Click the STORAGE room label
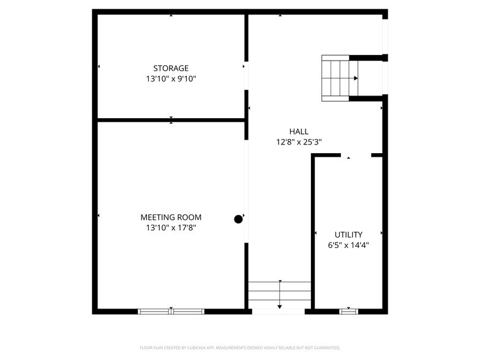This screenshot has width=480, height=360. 171,68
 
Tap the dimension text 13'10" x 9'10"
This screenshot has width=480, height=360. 171,78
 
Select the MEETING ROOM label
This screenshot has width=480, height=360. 171,217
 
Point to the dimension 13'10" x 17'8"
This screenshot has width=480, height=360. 171,228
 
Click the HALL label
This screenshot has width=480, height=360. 299,132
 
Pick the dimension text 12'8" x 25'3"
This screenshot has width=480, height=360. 299,142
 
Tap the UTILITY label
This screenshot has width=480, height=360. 348,235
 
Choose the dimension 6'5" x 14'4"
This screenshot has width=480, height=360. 348,245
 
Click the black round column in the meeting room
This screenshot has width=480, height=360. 238,219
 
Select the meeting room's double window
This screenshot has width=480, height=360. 171,312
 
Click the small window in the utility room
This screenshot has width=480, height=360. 348,312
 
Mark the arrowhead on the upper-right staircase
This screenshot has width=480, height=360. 356,78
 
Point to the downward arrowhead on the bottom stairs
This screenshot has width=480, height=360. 279,307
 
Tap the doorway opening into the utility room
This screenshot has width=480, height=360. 356,156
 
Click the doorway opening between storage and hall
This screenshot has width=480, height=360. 246,76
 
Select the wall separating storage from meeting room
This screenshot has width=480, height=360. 171,120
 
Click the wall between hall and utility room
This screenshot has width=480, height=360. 313,233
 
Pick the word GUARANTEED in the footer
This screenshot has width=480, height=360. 328,348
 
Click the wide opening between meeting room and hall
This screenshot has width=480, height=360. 246,191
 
